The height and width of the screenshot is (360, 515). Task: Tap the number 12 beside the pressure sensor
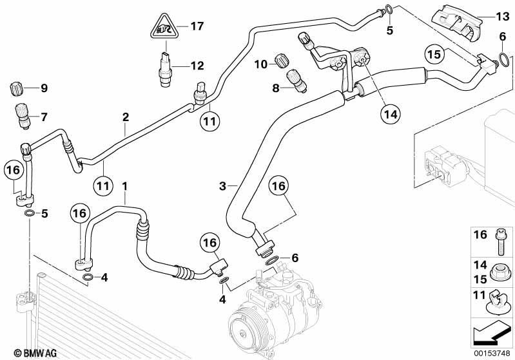[x=197, y=66]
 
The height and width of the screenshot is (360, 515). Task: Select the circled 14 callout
[x=391, y=113]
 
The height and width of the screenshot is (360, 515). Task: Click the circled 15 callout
[x=434, y=54]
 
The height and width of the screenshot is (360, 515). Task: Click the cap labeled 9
[x=15, y=89]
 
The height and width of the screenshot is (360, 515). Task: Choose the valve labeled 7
[x=22, y=116]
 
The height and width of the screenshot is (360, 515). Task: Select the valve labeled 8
[x=296, y=81]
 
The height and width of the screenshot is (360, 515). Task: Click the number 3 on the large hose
[x=222, y=186]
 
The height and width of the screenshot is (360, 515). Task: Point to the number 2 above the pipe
[x=126, y=117]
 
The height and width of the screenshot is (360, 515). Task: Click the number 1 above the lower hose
[x=124, y=186]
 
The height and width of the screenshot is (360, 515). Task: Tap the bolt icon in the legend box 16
[x=499, y=242]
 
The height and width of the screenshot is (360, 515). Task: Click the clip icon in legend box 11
[x=498, y=302]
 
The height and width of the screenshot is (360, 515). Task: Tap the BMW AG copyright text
[x=35, y=353]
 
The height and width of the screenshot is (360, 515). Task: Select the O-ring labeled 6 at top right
[x=503, y=58]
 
